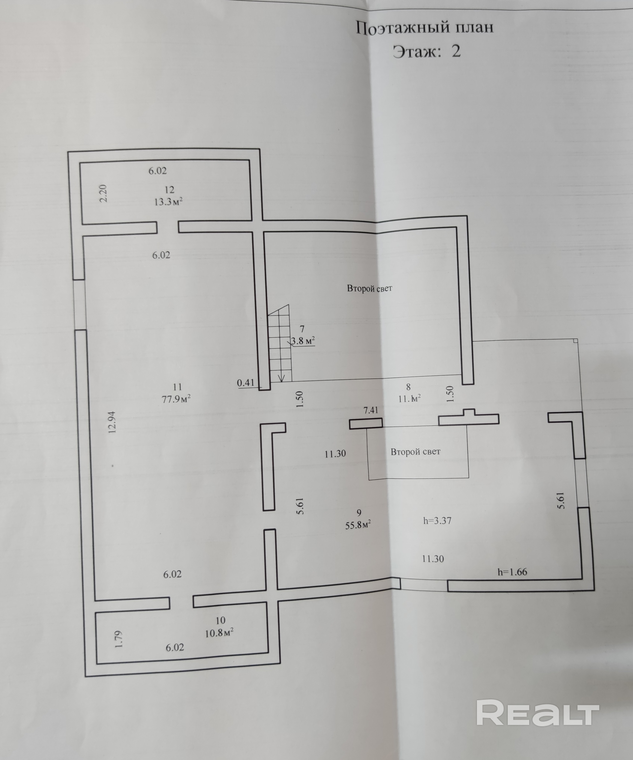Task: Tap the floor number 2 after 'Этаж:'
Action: pyautogui.click(x=456, y=51)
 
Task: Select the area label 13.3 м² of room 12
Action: pyautogui.click(x=168, y=202)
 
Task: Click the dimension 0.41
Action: pyautogui.click(x=246, y=383)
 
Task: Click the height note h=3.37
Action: pyautogui.click(x=437, y=521)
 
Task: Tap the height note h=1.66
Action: pyautogui.click(x=512, y=572)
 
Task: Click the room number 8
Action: pyautogui.click(x=408, y=387)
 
